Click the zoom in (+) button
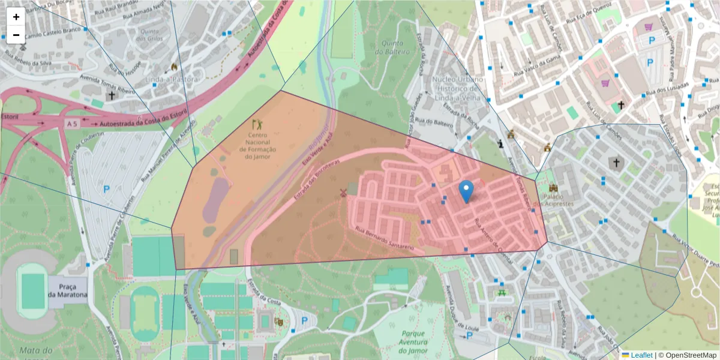[x=16, y=17]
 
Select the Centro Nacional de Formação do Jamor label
[x=257, y=146]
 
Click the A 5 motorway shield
[x=73, y=123]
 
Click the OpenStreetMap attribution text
[x=688, y=355]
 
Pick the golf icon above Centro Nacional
[x=257, y=125]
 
